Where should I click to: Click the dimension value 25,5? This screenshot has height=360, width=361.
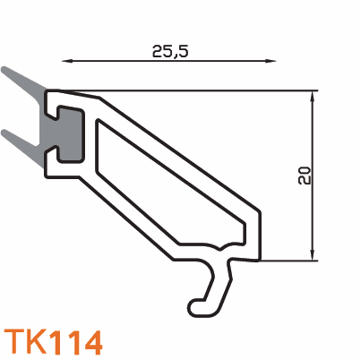(x=170, y=50)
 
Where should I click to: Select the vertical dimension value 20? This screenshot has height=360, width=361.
(x=305, y=176)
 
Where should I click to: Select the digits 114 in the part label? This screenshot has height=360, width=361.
(x=76, y=342)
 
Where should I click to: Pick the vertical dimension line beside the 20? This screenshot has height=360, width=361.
(x=313, y=215)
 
